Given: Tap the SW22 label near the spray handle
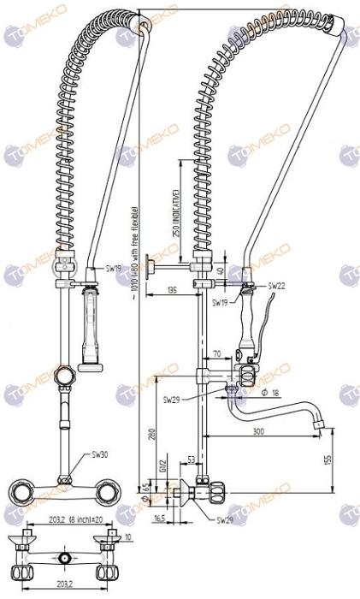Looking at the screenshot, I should pyautogui.click(x=277, y=286).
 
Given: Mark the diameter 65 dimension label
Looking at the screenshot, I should pyautogui.click(x=146, y=493).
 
